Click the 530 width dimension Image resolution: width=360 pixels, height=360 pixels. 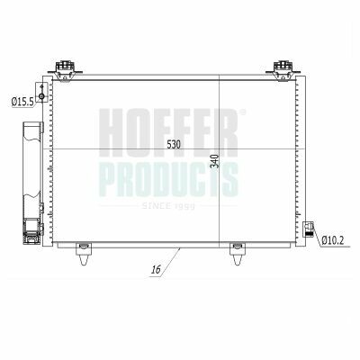tap(174, 145)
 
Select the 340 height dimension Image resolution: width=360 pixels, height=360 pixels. tap(215, 161)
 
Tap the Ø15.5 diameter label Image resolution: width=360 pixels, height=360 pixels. tap(22, 103)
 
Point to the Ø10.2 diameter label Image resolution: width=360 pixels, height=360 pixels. tap(332, 240)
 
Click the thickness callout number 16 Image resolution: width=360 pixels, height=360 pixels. tap(156, 270)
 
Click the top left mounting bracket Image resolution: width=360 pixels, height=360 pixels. tap(65, 70)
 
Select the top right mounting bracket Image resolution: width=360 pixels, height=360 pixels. tap(283, 70)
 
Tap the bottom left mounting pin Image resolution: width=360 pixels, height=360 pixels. tap(84, 254)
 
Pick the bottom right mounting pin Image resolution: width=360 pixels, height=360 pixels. tap(238, 254)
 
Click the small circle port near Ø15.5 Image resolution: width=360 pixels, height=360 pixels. tap(41, 96)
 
